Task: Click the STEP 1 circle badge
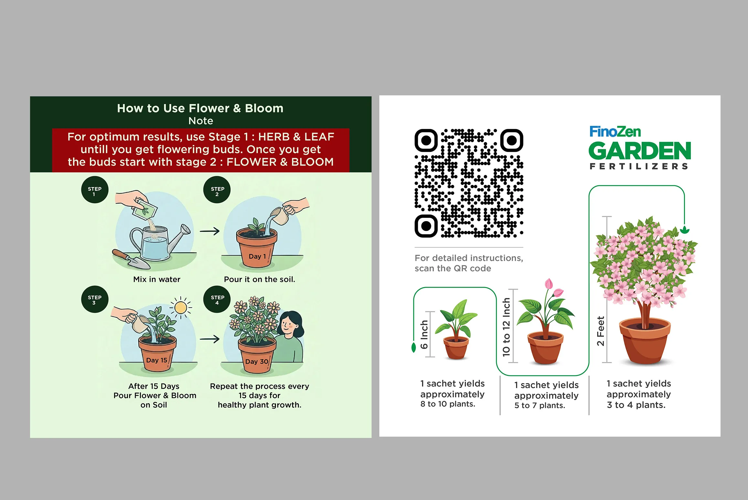coord(95,190)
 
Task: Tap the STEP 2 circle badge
coord(217,190)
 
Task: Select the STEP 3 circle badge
coord(95,299)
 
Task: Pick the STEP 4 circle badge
coord(217,299)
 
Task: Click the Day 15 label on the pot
coord(157,360)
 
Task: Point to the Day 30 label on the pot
coord(257,361)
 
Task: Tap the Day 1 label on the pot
coord(258,256)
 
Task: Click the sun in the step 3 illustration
coord(181,307)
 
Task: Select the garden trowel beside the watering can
coord(131,259)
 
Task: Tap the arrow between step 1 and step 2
coord(210,231)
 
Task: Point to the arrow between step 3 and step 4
coord(210,339)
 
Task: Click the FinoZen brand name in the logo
coord(615,132)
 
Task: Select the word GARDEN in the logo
coord(640,151)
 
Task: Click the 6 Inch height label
coord(424,335)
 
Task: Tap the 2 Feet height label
coord(601,331)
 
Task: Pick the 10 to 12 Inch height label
coord(506,327)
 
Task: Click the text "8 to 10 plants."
coord(448,404)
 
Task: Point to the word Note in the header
coord(201,121)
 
